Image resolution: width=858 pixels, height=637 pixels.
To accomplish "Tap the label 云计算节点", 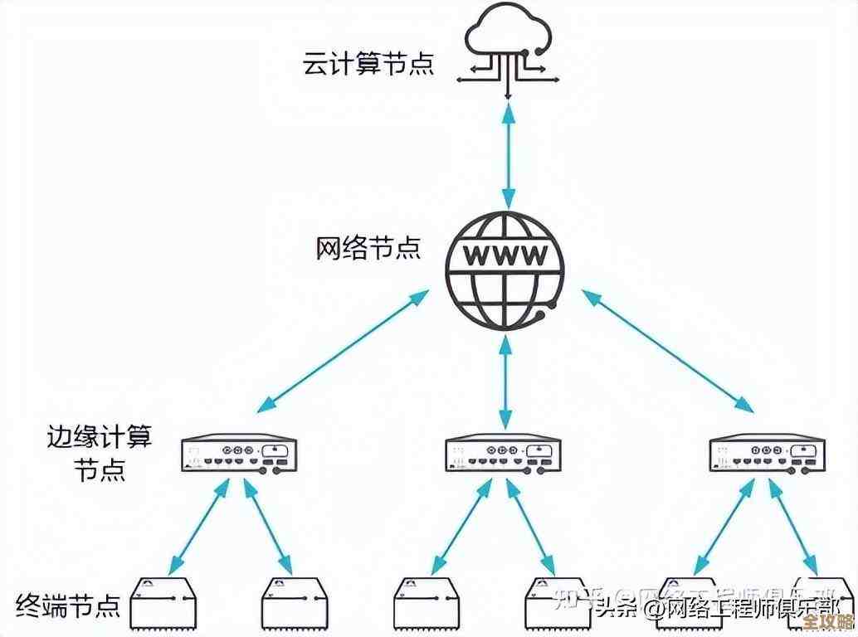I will [x=368, y=64].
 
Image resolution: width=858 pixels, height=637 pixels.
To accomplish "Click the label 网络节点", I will [x=368, y=247].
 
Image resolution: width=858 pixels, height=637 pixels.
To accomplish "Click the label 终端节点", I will [x=69, y=604].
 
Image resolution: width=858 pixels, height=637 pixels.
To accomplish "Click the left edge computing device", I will [x=239, y=454].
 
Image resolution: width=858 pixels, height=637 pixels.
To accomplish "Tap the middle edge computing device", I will [x=505, y=454].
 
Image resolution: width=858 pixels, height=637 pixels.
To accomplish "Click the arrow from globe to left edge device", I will [x=343, y=351].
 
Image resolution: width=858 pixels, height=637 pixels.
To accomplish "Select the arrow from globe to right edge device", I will [x=667, y=351].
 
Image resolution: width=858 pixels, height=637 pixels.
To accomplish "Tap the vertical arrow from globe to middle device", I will [x=505, y=382].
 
